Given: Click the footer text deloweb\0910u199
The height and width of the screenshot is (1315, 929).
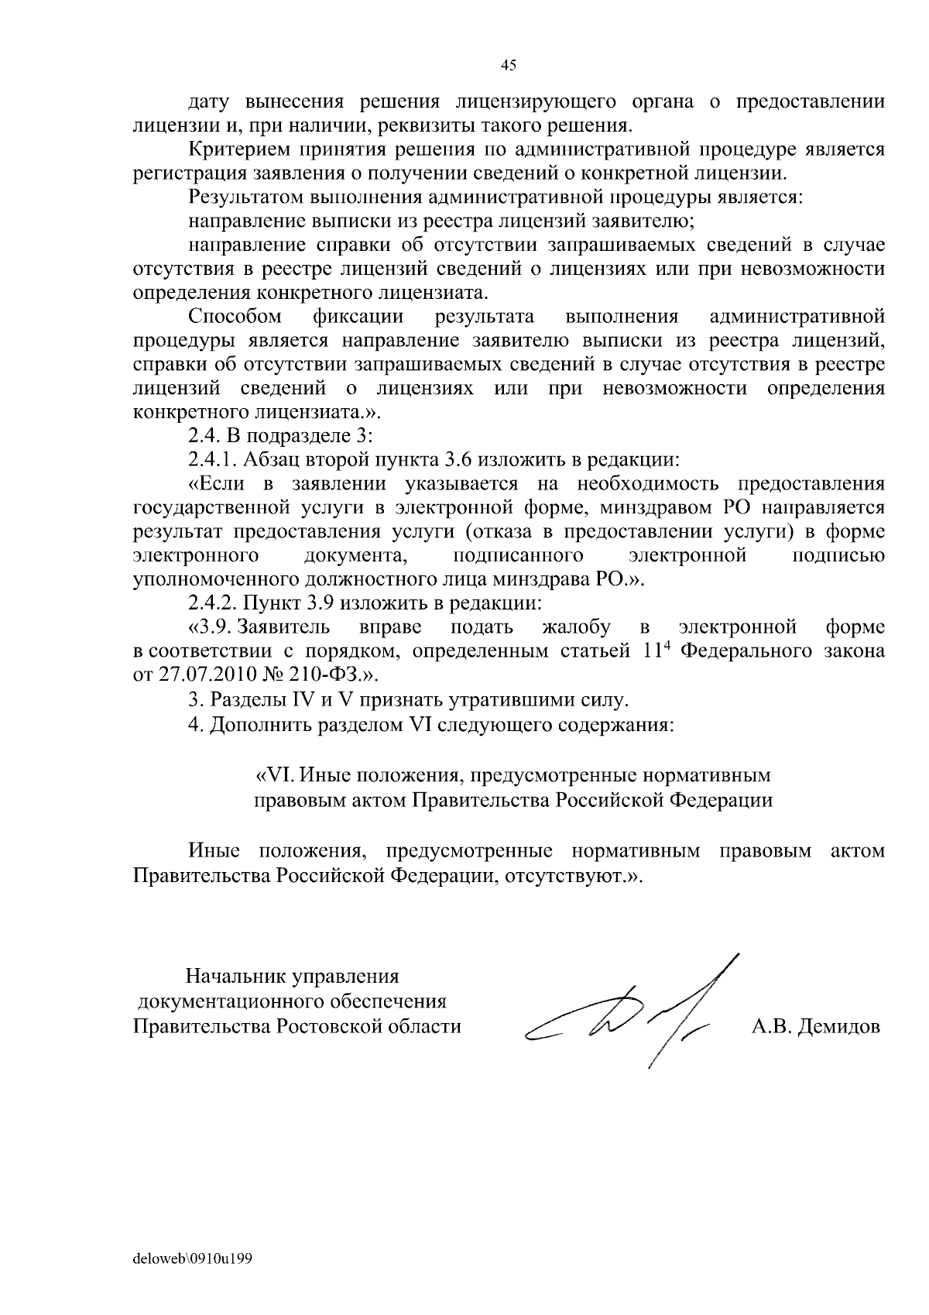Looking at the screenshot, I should point(194,1258).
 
